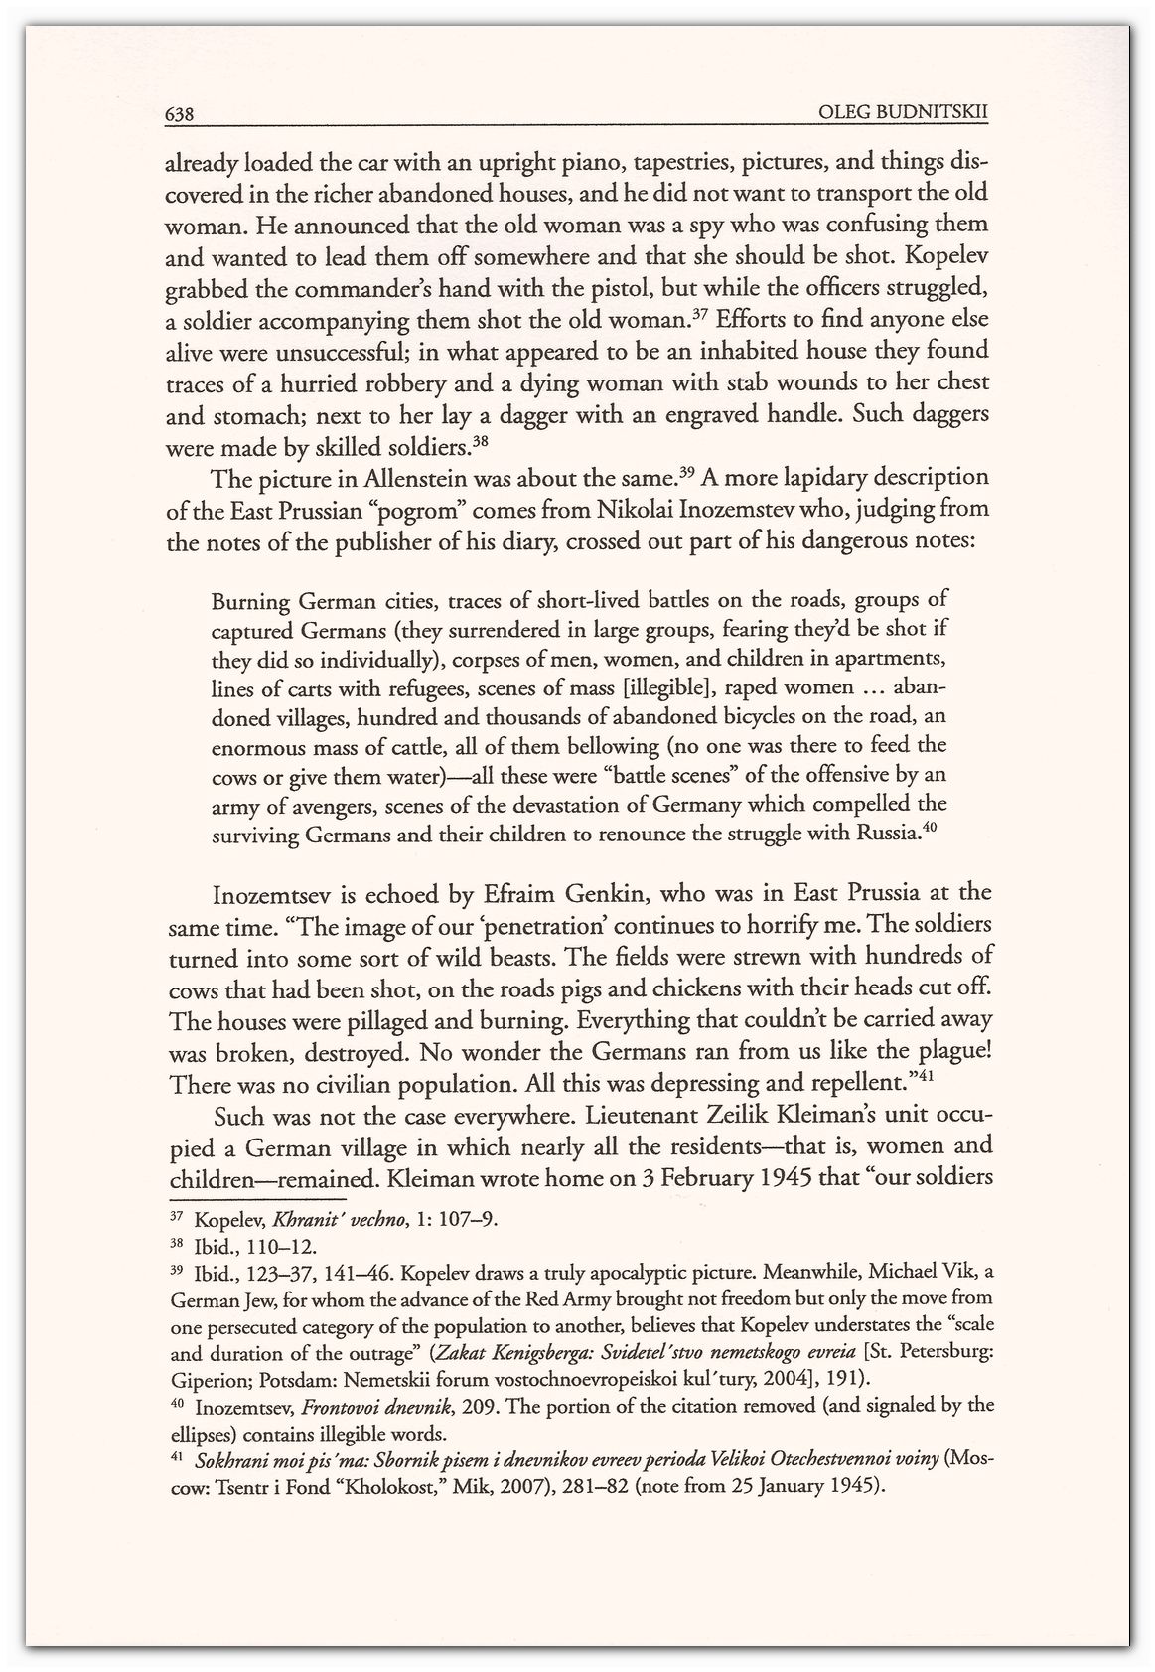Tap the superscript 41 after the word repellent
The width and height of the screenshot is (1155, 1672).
point(926,1075)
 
